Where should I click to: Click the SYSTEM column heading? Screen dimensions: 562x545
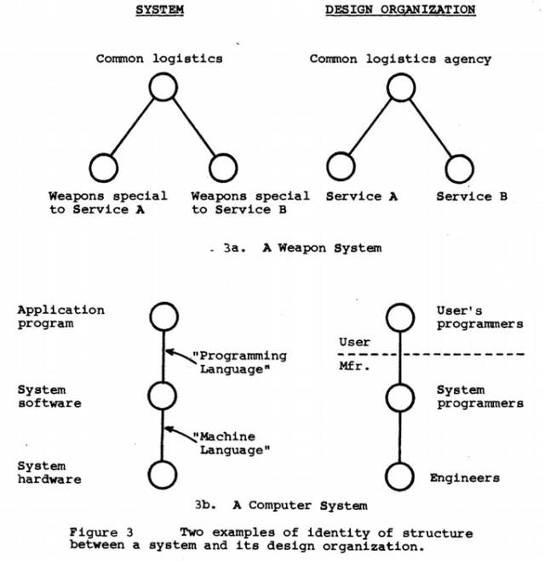tap(160, 10)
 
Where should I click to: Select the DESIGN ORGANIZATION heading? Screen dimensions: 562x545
tap(399, 10)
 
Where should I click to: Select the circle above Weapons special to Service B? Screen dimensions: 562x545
tap(222, 168)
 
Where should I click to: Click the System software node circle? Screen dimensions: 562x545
tap(161, 395)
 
